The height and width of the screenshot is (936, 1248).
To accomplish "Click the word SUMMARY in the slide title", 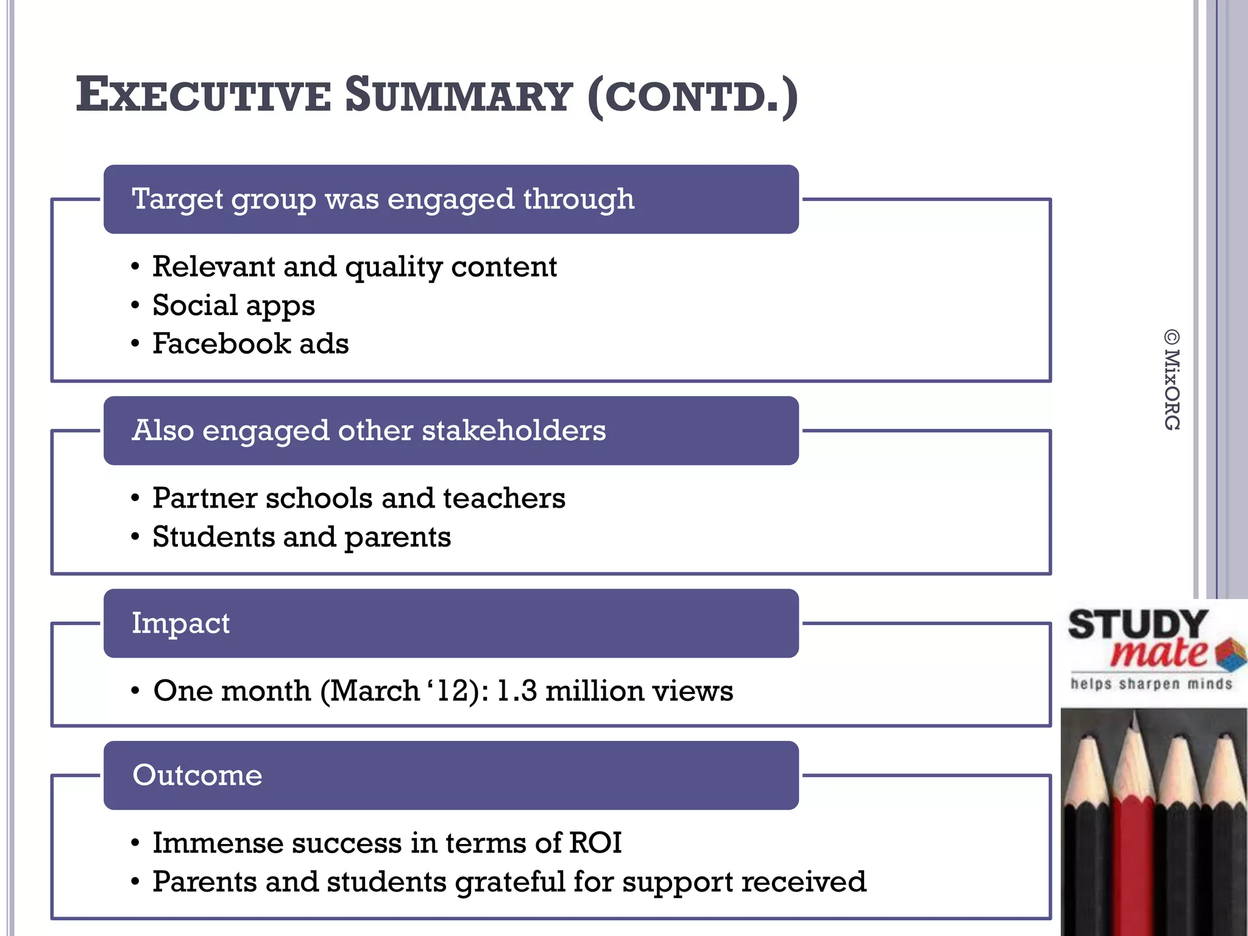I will [458, 96].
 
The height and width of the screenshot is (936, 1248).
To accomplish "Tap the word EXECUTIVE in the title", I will [203, 96].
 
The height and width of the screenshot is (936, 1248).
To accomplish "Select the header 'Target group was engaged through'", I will [383, 199].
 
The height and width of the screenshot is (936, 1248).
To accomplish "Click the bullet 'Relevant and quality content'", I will [354, 267].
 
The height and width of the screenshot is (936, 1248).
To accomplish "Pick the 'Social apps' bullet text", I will [233, 305].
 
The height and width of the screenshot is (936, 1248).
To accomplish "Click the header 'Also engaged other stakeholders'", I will [369, 431].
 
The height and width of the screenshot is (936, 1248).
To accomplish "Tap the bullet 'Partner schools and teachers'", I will [358, 498].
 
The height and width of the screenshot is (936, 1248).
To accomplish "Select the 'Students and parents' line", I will [301, 537].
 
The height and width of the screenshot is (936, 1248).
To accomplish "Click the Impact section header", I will [181, 623].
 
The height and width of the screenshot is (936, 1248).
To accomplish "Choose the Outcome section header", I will [197, 775].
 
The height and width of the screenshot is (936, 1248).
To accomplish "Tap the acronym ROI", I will [595, 843].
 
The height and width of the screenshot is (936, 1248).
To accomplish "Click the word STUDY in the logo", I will [1137, 625].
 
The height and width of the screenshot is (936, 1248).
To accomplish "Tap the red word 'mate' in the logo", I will [1158, 653].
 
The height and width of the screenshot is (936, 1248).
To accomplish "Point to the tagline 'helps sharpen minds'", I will [1151, 684].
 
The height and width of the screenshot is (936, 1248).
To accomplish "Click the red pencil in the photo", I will [1135, 835].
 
